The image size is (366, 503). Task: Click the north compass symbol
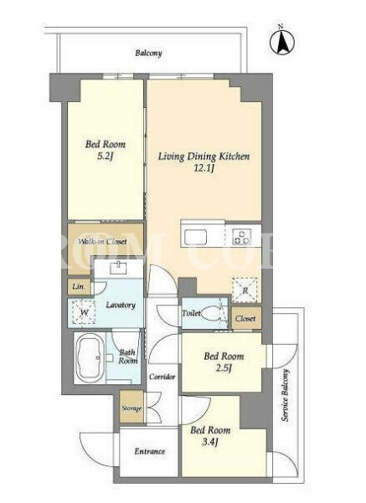281,42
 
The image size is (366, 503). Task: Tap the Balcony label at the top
148,53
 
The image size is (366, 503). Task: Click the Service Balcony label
285,395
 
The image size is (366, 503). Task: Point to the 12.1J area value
204,168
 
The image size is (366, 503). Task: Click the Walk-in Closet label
103,242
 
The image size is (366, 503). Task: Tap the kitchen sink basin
195,237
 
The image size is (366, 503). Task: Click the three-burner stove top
242,237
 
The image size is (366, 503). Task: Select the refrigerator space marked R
245,290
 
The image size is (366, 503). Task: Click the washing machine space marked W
84,312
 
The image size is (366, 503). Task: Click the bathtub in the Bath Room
89,357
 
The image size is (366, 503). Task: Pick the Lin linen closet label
78,286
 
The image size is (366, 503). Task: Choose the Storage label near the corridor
131,408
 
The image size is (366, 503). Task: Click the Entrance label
150,451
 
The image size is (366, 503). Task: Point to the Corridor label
162,377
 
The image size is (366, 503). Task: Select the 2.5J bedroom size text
224,368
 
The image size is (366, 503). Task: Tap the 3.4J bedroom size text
210,443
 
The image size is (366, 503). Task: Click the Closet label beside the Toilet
245,319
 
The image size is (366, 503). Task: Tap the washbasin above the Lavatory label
118,268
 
